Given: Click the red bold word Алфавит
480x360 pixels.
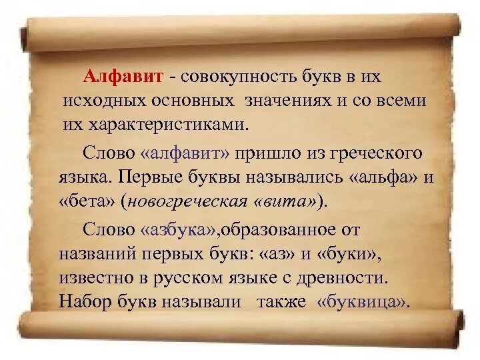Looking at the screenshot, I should click(123, 77).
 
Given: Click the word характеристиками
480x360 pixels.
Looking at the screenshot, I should click(170, 124).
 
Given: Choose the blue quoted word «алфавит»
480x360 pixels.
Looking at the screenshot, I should click(185, 153).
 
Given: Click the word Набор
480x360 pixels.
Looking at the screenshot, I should click(85, 301).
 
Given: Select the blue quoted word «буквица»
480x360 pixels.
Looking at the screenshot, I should click(362, 301).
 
